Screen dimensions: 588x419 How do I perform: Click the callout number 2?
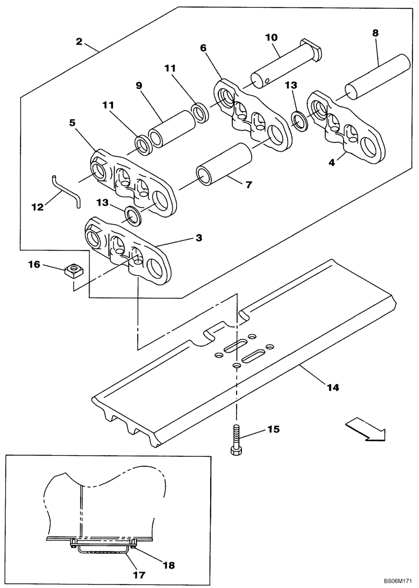click(78, 41)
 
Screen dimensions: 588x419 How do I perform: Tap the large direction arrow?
click(365, 427)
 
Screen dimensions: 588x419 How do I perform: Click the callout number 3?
click(199, 238)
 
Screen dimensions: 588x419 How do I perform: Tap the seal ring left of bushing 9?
click(142, 143)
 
